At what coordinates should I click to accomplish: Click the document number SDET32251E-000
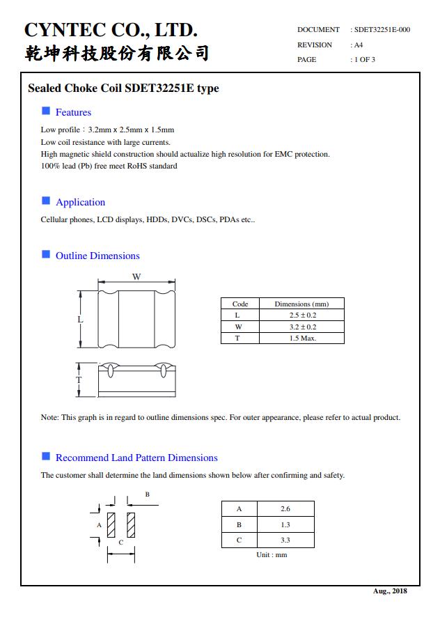[382, 30]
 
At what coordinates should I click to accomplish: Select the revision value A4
[359, 45]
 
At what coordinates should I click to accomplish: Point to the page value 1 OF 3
[365, 59]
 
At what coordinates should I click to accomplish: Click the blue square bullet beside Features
[46, 111]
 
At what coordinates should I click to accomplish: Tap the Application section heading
[80, 202]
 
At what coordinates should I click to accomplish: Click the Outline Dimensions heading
[97, 256]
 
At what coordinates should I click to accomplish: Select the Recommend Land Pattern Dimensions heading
[136, 458]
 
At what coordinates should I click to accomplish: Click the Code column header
[239, 304]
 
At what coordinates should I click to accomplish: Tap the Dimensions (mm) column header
[301, 304]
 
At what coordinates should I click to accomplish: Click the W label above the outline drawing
[136, 277]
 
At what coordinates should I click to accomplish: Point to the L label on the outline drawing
[80, 320]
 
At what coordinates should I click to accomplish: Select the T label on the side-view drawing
[79, 380]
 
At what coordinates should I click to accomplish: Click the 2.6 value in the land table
[285, 509]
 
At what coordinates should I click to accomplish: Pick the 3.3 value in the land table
[285, 540]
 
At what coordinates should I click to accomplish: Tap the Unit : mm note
[272, 555]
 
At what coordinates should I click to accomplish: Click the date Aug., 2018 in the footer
[390, 591]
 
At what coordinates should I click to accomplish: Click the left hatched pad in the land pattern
[111, 524]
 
